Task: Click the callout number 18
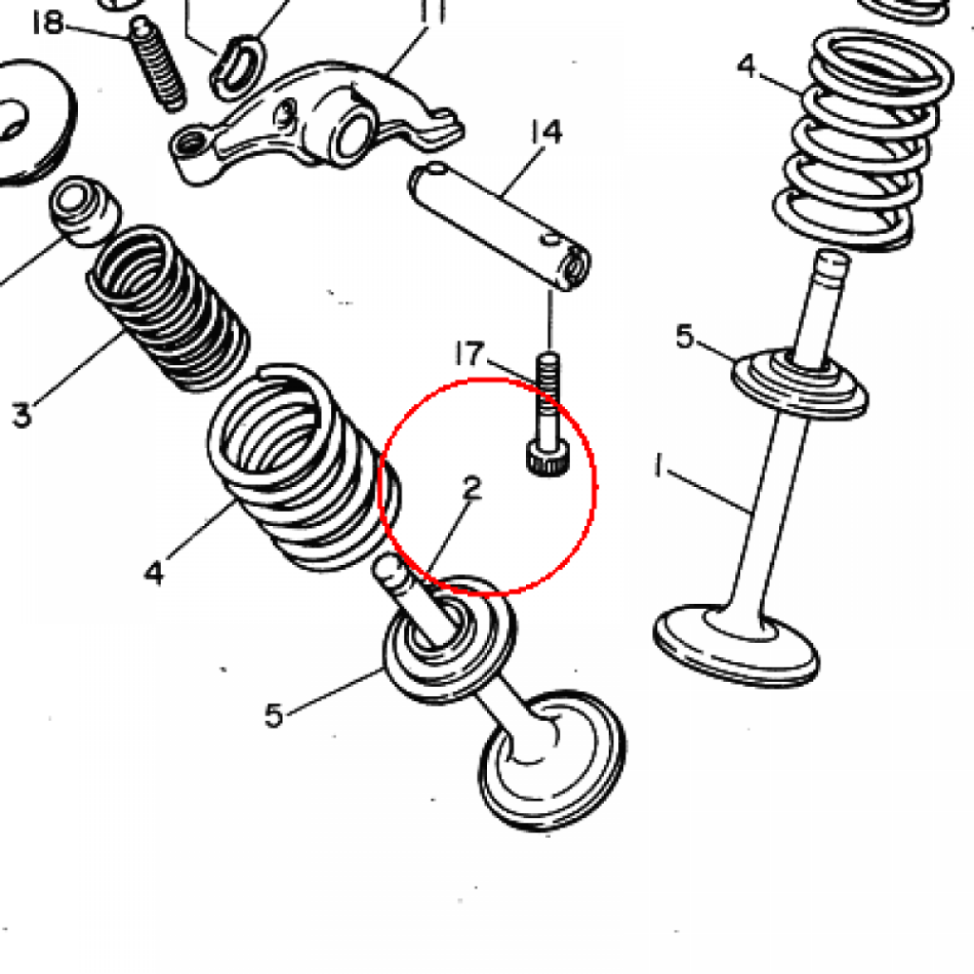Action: coord(48,23)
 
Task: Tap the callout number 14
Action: coord(546,132)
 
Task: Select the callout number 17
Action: coord(469,354)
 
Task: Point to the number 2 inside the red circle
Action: coord(472,488)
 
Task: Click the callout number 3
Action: coord(22,415)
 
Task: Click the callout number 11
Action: coord(433,11)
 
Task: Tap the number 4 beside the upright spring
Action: coord(748,66)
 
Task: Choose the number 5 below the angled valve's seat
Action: coord(274,715)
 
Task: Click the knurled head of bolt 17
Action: coord(547,458)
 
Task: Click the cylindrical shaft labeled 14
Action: coord(499,226)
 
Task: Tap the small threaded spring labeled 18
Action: coord(158,64)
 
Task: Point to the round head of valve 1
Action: coord(736,646)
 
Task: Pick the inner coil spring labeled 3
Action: coord(167,307)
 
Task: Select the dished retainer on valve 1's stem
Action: coord(800,382)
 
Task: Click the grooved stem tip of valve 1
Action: coord(831,263)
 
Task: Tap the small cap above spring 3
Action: coord(84,210)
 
